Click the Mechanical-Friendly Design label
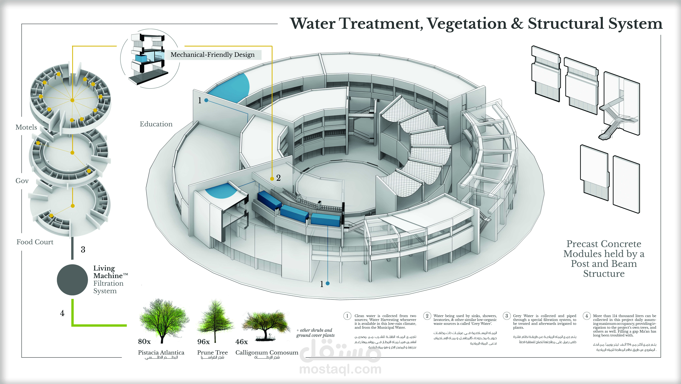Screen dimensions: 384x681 coord(213,55)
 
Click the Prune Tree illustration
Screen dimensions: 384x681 coord(215,320)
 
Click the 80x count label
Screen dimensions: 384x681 coord(144,342)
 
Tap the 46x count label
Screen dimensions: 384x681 coord(242,342)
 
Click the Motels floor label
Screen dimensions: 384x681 coord(26,127)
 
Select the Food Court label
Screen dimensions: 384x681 coord(35,242)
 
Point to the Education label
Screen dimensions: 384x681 coord(156,124)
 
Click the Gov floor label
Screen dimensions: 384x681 coord(22,181)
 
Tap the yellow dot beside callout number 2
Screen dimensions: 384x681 coord(272,179)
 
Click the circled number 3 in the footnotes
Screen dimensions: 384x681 coord(507,316)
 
